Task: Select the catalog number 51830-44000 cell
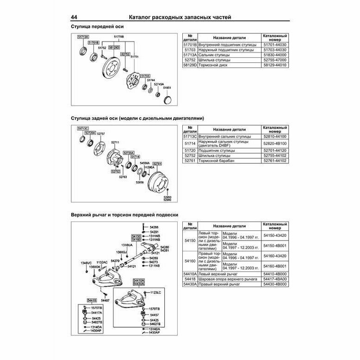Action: coord(275,54)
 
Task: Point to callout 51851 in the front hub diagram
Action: coord(167,87)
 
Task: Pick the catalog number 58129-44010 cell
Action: coord(275,65)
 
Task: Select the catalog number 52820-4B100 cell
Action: coord(275,144)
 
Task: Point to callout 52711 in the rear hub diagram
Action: coord(116,142)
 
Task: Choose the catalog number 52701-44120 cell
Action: coord(275,150)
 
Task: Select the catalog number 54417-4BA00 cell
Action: coord(275,279)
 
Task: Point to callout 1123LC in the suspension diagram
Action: coord(155,292)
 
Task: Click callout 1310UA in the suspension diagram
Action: coord(127,244)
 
